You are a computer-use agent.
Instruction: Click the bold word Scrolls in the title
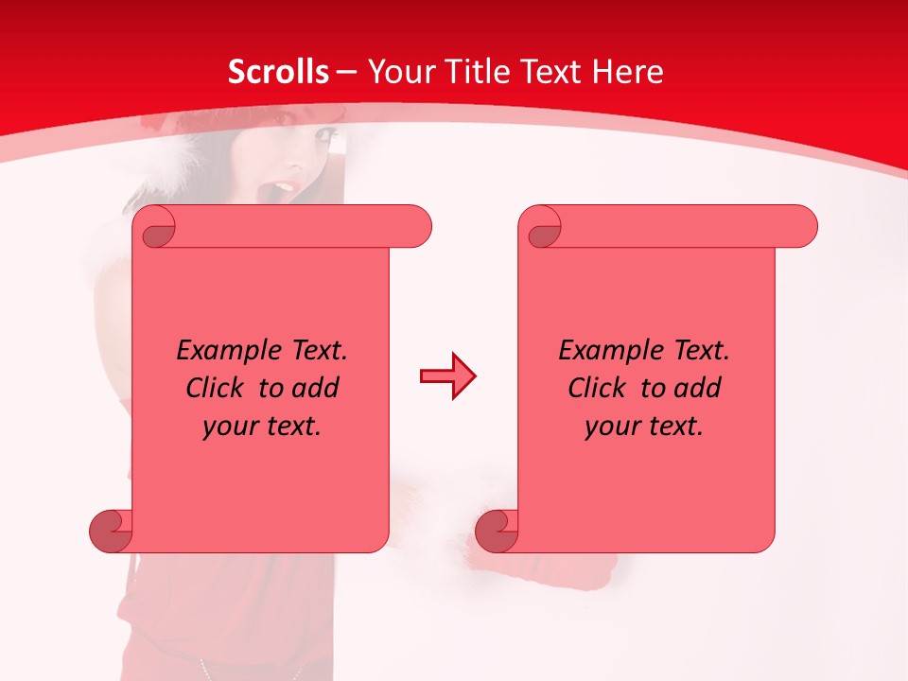[x=279, y=72]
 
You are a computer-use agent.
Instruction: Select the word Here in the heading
[x=627, y=72]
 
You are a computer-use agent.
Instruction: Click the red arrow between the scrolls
[x=447, y=376]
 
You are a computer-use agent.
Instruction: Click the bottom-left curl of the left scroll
[x=112, y=531]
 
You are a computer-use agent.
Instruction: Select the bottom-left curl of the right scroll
[x=498, y=531]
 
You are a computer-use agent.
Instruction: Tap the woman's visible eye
[x=325, y=137]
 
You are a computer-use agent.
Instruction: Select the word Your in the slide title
[x=396, y=72]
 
